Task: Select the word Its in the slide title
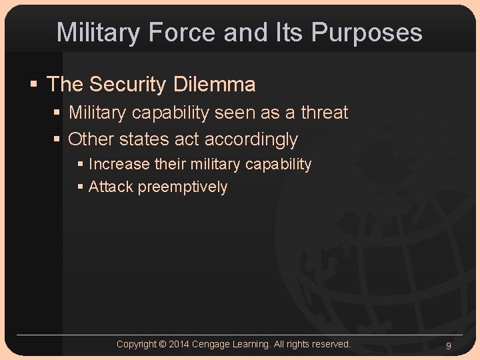pyautogui.click(x=290, y=32)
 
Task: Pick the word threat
pyautogui.click(x=324, y=113)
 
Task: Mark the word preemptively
pyautogui.click(x=183, y=187)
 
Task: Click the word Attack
pyautogui.click(x=111, y=187)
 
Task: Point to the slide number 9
pyautogui.click(x=449, y=345)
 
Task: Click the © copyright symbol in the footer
pyautogui.click(x=163, y=344)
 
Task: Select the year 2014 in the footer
pyautogui.click(x=179, y=344)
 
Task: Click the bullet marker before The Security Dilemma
pyautogui.click(x=34, y=85)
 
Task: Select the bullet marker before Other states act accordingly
pyautogui.click(x=57, y=140)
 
